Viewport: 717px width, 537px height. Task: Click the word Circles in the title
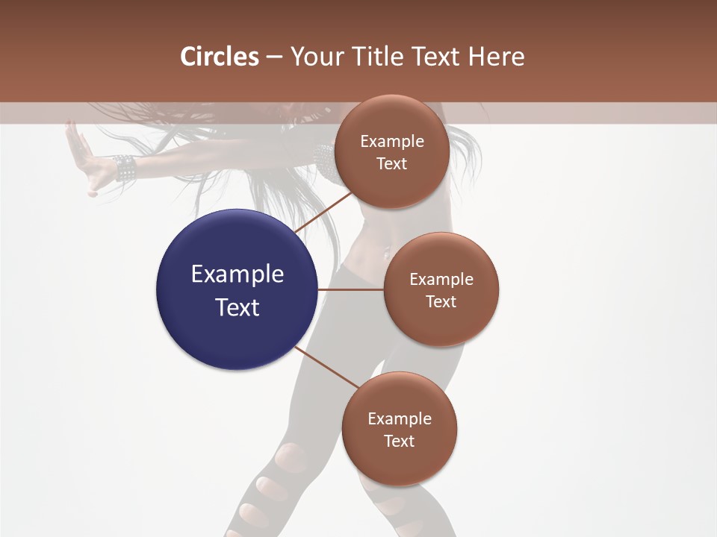[x=220, y=56]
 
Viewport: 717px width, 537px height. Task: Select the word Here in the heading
[x=496, y=56]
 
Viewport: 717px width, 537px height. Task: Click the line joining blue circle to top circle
[x=325, y=211]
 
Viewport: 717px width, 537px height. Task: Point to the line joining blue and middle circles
[x=350, y=289]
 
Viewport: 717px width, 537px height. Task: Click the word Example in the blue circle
[x=238, y=274]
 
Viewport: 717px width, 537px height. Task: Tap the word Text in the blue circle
[x=238, y=307]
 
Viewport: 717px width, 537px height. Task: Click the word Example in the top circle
[x=392, y=142]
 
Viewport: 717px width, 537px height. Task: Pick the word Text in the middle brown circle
[x=441, y=301]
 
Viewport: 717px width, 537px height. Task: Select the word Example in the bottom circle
[x=400, y=418]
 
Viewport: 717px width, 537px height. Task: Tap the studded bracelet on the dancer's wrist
[x=123, y=169]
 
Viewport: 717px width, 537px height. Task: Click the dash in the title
[x=274, y=57]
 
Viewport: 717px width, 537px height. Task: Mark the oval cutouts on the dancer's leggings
[x=272, y=489]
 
